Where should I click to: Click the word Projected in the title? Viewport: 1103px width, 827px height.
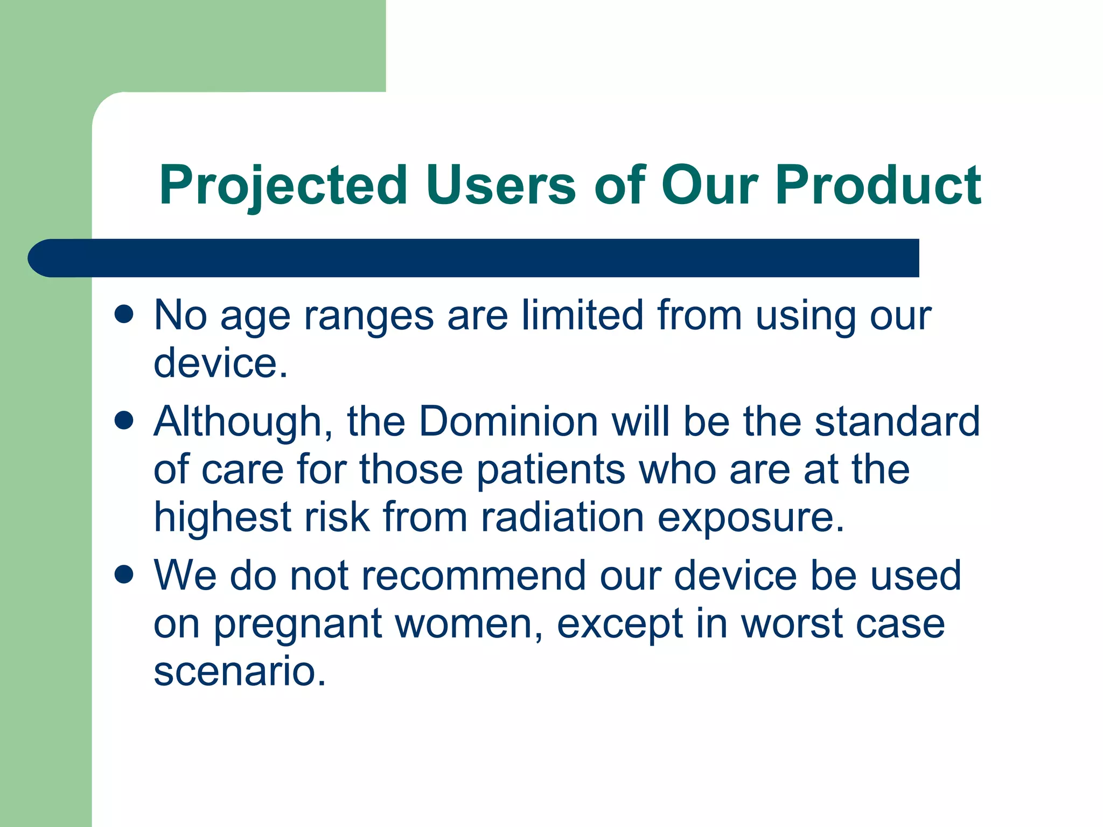pos(283,186)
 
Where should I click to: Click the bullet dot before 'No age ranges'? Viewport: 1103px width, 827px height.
pos(124,314)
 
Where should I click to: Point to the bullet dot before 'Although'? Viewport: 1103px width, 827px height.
pos(124,420)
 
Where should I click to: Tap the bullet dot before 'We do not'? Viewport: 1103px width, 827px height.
pos(124,574)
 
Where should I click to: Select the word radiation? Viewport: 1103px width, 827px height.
pos(562,517)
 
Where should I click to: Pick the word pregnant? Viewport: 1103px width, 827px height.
pos(298,625)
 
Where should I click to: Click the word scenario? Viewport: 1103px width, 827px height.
pos(240,671)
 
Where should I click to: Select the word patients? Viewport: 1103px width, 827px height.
pos(551,469)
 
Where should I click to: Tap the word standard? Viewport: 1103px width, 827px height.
pos(897,420)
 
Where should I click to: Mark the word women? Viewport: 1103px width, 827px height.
pos(469,625)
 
